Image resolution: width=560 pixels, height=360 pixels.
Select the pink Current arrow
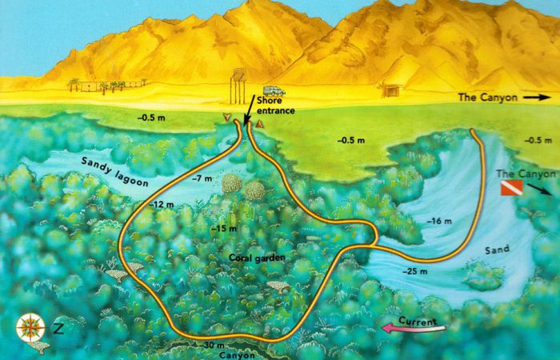[x=410, y=325]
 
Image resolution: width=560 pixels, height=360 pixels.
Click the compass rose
[x=30, y=326]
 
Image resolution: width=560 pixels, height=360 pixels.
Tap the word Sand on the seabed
[x=496, y=250]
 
